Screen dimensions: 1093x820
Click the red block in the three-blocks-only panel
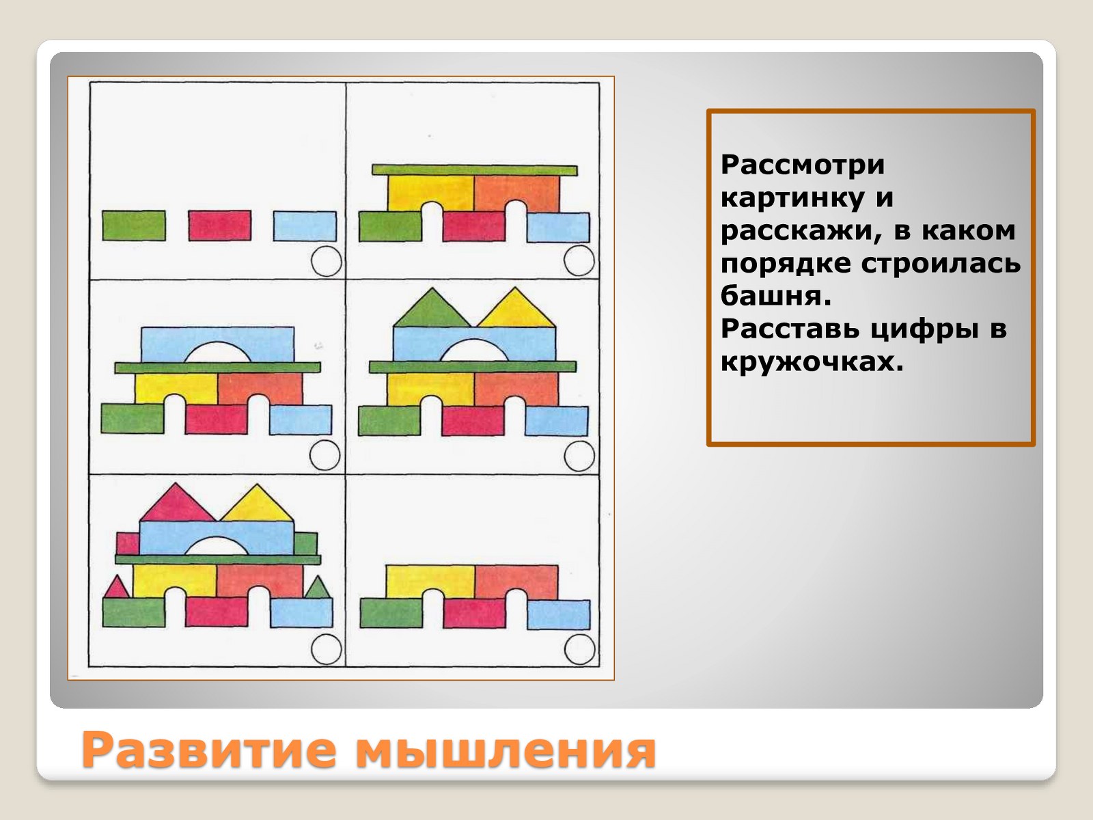(x=219, y=225)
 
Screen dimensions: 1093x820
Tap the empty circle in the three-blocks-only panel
(x=326, y=261)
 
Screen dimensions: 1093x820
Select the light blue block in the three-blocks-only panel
(x=305, y=227)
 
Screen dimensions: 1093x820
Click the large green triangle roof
(x=432, y=308)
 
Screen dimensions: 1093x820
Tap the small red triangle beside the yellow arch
(x=117, y=587)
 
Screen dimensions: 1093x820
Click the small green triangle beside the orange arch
(x=318, y=588)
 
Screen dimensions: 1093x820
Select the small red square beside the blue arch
(x=128, y=544)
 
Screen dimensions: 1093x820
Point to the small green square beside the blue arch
(x=305, y=544)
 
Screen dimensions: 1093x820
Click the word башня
(x=776, y=297)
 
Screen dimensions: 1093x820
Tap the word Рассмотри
(x=803, y=165)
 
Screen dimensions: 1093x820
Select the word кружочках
(x=812, y=362)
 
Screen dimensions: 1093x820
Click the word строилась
(x=941, y=263)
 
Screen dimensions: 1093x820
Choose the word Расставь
(x=791, y=329)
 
